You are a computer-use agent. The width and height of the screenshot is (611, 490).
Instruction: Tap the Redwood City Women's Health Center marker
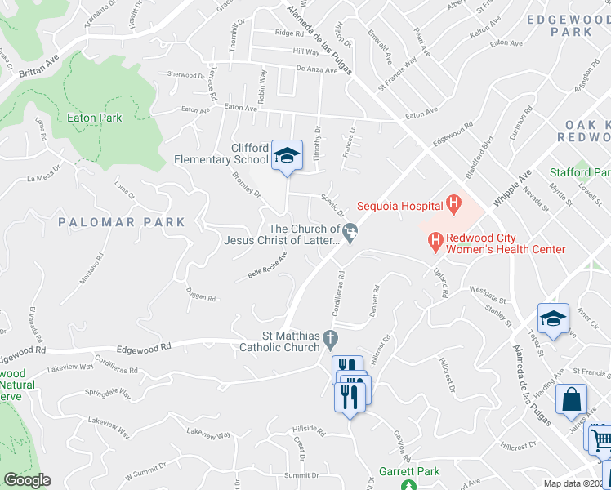click(x=435, y=241)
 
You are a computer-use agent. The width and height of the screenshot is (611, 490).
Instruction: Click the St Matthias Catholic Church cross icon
click(x=330, y=337)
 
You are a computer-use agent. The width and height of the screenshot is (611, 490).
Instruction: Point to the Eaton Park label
click(x=94, y=118)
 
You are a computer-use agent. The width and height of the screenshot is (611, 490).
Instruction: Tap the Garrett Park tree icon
click(x=409, y=485)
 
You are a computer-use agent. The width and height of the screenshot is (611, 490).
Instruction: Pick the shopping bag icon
click(x=571, y=401)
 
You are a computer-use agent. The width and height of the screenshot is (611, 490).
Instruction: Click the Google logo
click(x=27, y=480)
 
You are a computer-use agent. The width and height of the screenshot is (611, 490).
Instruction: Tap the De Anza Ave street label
click(x=316, y=70)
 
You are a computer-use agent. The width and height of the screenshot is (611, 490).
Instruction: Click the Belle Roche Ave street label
click(x=268, y=266)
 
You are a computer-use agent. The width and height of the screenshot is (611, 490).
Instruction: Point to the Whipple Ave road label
click(x=512, y=189)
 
